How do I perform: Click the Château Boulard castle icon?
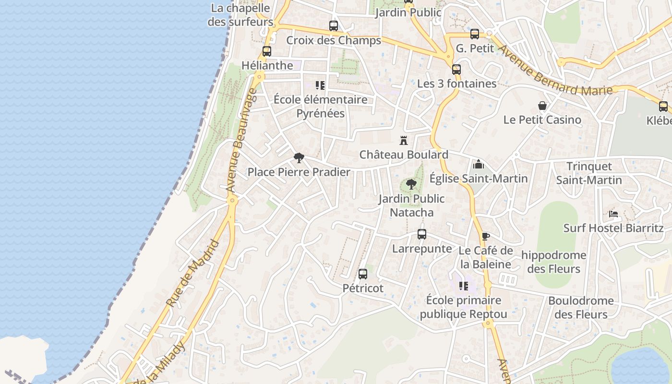tap(404, 141)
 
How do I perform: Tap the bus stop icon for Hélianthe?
tap(267, 51)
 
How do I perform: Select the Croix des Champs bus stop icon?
tap(333, 26)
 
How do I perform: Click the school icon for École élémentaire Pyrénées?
tap(320, 85)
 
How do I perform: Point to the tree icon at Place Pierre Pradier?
tap(299, 157)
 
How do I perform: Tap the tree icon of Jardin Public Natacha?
tap(411, 184)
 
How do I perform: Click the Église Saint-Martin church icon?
tap(478, 165)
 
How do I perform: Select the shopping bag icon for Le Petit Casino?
tap(542, 106)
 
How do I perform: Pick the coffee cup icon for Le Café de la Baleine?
tap(486, 236)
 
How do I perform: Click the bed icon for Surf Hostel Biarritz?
tap(613, 214)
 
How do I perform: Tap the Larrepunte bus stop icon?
tap(422, 234)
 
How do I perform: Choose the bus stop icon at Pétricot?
tap(363, 274)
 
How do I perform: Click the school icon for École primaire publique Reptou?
tap(464, 286)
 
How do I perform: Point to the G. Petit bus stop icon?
tap(475, 34)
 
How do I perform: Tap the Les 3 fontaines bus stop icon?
tap(456, 70)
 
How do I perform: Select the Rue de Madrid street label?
tap(192, 273)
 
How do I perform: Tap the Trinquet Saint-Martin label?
tap(589, 173)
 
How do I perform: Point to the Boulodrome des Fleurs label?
tap(581, 308)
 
